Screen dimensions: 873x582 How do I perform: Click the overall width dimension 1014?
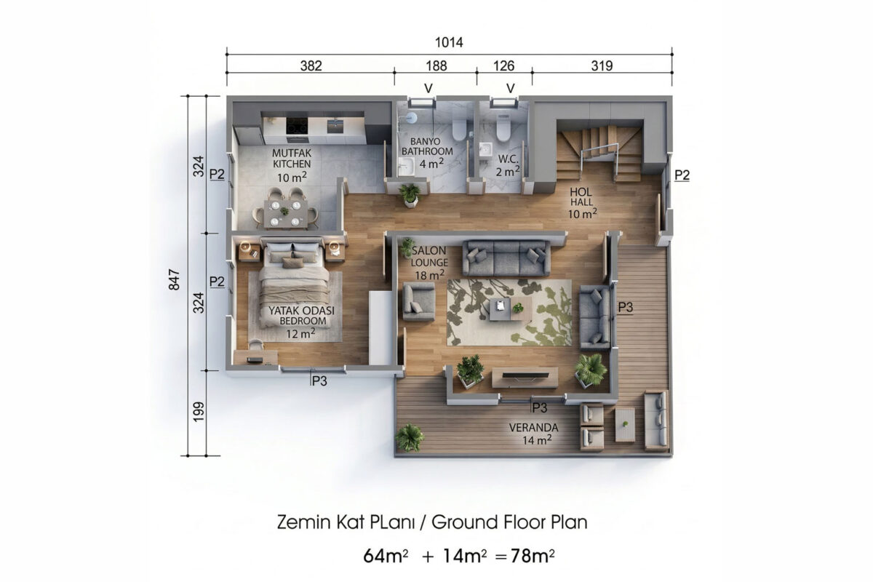(x=449, y=42)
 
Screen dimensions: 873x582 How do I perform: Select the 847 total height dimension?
(x=174, y=279)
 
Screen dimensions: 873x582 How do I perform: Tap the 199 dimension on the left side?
(x=199, y=411)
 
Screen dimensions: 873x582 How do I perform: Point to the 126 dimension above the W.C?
(x=503, y=66)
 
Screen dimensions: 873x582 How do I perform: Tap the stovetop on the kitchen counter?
(x=297, y=126)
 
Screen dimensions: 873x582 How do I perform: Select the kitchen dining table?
(x=285, y=213)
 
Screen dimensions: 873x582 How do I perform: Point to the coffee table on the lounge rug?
(x=510, y=308)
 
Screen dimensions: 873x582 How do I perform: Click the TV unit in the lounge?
(x=525, y=378)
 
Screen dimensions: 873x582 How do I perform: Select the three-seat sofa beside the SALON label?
(x=506, y=258)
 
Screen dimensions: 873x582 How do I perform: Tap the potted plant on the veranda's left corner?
(x=409, y=438)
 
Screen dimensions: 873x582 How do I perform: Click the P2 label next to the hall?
(x=682, y=175)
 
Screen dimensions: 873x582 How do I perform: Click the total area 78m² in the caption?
(x=533, y=556)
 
